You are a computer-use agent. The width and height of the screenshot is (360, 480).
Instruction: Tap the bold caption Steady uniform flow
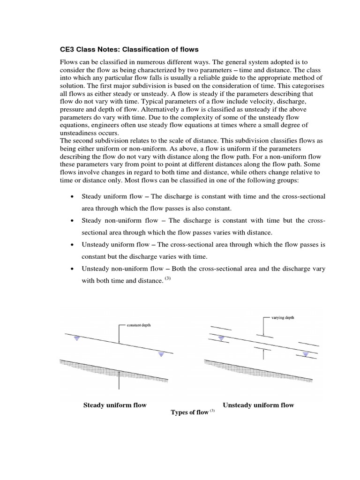pyautogui.click(x=115, y=405)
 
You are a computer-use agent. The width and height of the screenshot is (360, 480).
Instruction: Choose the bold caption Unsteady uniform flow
pyautogui.click(x=258, y=405)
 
